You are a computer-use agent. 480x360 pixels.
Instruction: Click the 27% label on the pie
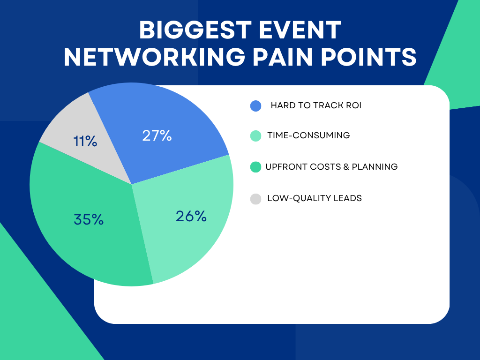click(157, 135)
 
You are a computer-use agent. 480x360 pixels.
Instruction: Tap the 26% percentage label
click(191, 217)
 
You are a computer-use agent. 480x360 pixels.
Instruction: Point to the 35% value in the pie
click(89, 219)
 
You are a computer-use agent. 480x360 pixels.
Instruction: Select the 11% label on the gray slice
click(85, 142)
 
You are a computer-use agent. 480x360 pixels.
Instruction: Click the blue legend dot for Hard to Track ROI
click(255, 106)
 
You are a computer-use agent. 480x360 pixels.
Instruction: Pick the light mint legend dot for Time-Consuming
click(255, 136)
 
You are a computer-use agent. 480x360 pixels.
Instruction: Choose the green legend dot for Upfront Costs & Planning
click(255, 167)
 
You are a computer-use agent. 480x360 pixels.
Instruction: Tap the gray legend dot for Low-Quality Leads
click(255, 199)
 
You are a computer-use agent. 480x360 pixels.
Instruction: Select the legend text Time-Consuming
click(308, 135)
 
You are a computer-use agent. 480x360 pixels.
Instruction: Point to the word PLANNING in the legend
click(375, 167)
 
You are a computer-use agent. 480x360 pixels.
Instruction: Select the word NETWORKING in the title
click(154, 57)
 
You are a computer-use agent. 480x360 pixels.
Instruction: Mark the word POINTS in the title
click(369, 57)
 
